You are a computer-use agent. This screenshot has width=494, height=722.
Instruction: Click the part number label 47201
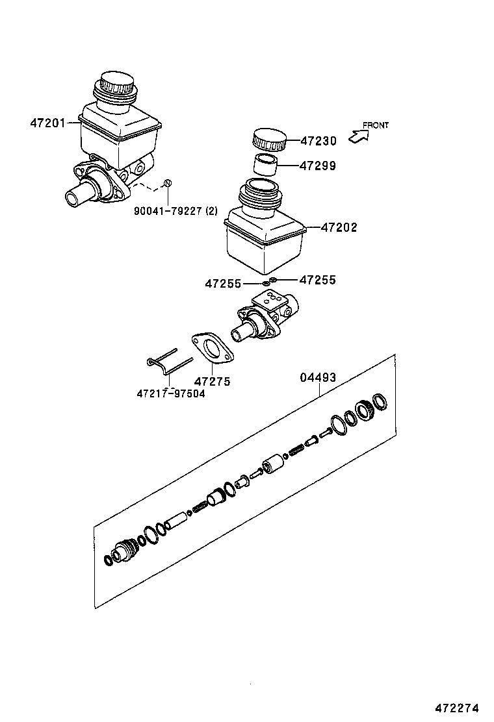[x=47, y=122]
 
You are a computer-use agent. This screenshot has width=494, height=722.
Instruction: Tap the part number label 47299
[x=318, y=166]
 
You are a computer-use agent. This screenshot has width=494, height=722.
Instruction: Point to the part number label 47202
[x=339, y=228]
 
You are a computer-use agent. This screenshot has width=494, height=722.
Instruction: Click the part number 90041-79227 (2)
[x=175, y=211]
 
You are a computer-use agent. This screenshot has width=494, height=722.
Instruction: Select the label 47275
[x=213, y=382]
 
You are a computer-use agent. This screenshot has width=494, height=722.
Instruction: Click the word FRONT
[x=376, y=125]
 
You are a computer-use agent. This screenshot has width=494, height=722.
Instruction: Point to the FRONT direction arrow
[x=357, y=136]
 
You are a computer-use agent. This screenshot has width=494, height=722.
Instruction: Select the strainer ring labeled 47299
[x=265, y=165]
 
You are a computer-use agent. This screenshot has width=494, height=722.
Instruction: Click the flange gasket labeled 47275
[x=211, y=348]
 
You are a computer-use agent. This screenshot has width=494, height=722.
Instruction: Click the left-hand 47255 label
[x=223, y=284]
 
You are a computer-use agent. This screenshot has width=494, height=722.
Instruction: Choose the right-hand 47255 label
[x=318, y=280]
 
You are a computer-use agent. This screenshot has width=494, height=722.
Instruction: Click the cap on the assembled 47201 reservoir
[x=115, y=86]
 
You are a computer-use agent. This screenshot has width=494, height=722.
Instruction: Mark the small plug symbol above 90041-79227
[x=167, y=183]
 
